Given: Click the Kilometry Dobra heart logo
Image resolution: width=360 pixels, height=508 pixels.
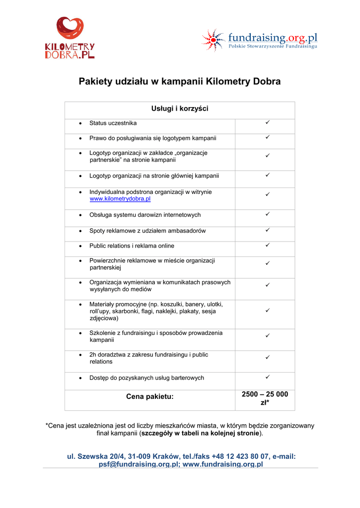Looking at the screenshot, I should point(70,28).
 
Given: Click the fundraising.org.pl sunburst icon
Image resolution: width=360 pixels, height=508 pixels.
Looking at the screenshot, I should point(213,40).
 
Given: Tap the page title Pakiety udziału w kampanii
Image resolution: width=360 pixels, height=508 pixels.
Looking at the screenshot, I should point(180,81).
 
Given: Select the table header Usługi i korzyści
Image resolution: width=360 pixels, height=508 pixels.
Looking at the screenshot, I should point(180,109).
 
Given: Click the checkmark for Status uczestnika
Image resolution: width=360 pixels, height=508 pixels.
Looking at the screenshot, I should point(267,122).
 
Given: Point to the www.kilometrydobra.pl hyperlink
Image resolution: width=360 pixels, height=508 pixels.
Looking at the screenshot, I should point(120,199).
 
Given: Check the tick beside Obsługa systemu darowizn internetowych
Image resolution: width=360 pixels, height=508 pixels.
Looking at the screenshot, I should point(267,214).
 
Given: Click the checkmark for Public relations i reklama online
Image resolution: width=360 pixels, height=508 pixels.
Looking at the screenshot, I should point(267,245).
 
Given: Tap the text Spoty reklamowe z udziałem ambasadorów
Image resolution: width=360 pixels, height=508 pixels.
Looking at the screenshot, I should point(147,231).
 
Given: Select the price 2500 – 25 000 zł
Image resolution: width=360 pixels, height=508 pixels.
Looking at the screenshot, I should point(265,398).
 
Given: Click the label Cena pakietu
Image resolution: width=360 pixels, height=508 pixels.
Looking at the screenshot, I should point(150,396).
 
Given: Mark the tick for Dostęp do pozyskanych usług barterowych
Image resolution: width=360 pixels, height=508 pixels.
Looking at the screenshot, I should point(267,377).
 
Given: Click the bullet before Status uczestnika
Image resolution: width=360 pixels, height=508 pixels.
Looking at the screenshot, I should point(80,123).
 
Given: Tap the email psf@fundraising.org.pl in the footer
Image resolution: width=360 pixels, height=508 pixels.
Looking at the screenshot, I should point(137,464).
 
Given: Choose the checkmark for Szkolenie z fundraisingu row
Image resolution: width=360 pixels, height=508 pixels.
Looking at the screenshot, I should point(267,336).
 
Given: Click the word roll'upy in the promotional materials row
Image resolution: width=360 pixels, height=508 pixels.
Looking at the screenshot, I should point(99,312).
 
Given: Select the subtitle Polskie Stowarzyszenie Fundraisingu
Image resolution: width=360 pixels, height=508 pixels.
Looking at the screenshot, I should point(273,46).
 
